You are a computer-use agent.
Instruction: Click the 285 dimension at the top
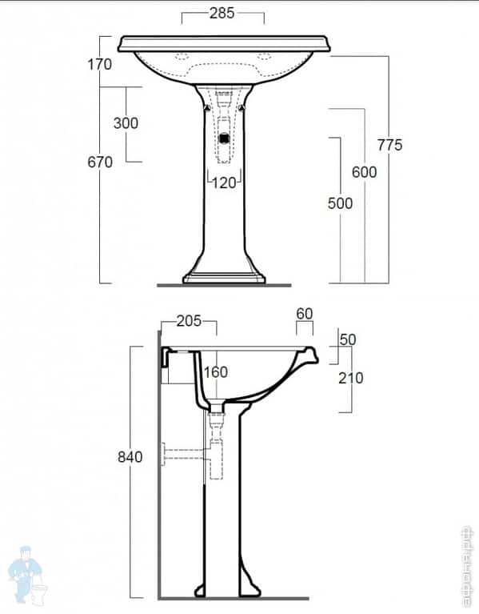pyautogui.click(x=222, y=13)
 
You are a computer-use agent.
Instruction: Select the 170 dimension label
pyautogui.click(x=100, y=65)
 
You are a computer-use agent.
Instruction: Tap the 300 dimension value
pyautogui.click(x=126, y=123)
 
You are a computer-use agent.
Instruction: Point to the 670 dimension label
pyautogui.click(x=100, y=162)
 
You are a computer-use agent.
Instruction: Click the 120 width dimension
pyautogui.click(x=224, y=183)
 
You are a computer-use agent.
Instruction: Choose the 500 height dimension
pyautogui.click(x=340, y=203)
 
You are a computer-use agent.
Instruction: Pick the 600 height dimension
pyautogui.click(x=364, y=172)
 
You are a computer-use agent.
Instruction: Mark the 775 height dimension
pyautogui.click(x=389, y=145)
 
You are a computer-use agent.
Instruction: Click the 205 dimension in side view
pyautogui.click(x=189, y=321)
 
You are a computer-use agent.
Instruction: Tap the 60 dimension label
pyautogui.click(x=305, y=313)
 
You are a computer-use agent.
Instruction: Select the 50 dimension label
pyautogui.click(x=348, y=339)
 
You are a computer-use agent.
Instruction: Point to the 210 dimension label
pyautogui.click(x=350, y=377)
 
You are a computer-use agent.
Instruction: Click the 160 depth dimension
pyautogui.click(x=215, y=371)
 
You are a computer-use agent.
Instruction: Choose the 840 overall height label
pyautogui.click(x=130, y=457)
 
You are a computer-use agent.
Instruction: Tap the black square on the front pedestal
pyautogui.click(x=225, y=136)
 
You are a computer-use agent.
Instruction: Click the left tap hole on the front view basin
pyautogui.click(x=181, y=57)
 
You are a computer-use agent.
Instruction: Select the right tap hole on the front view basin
pyautogui.click(x=266, y=57)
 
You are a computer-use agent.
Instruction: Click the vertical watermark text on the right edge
pyautogui.click(x=468, y=565)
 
